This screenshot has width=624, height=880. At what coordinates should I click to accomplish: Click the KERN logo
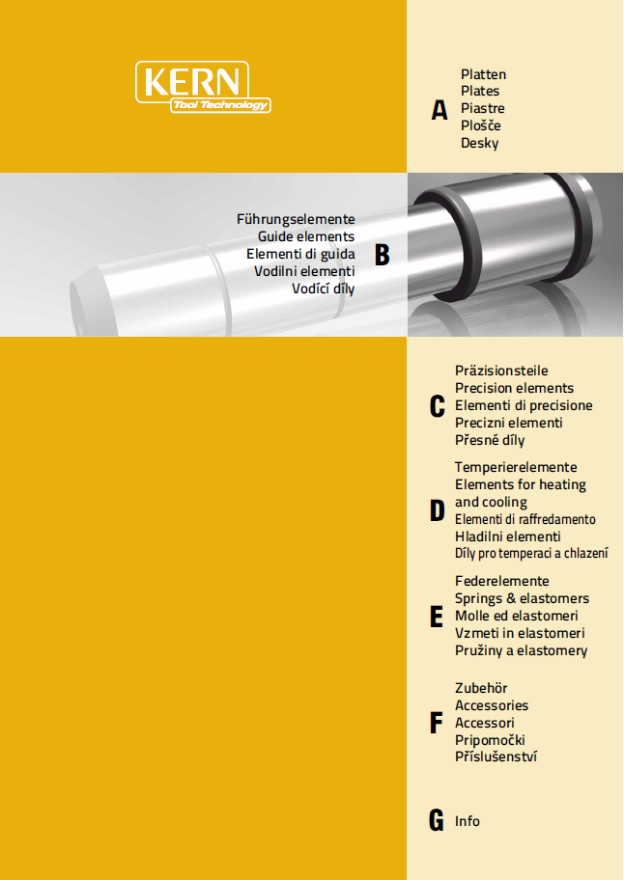point(203,87)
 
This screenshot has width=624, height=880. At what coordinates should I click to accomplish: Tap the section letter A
point(440,110)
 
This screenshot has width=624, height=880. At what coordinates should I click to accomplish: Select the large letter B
point(382,255)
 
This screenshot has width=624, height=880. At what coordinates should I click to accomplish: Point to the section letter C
point(437,406)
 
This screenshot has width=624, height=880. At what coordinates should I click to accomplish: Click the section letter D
point(437,510)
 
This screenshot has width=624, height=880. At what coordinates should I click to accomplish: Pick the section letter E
point(437,617)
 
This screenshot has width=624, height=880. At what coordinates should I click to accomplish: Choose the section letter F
point(436,723)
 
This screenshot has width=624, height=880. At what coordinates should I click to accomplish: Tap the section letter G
point(437,820)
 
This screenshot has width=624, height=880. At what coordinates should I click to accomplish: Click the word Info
point(468,821)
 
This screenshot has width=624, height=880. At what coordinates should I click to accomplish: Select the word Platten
point(484,74)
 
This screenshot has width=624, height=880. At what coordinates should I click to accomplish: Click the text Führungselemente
point(296,219)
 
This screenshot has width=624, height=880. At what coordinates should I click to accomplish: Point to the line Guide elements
point(306,236)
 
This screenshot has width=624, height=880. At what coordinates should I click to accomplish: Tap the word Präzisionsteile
point(501,371)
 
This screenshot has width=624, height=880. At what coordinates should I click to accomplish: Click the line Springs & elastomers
point(523,599)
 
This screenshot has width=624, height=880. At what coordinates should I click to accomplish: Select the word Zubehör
point(481,688)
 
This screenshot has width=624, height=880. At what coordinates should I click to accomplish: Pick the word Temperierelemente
point(516,467)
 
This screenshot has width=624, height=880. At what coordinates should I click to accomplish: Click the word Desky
point(480,144)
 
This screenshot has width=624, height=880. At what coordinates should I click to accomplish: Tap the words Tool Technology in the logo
point(221,105)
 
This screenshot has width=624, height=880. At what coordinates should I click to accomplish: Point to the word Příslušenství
point(496,756)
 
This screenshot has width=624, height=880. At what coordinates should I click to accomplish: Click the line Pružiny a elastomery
point(522,651)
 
